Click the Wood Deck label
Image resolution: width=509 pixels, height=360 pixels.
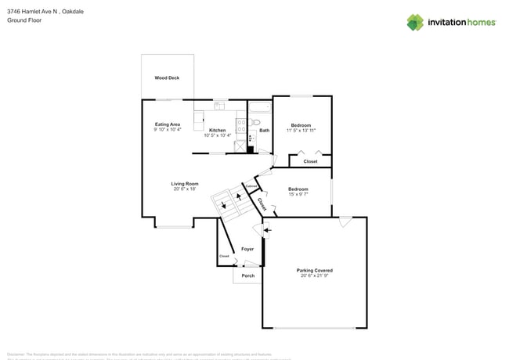(167, 78)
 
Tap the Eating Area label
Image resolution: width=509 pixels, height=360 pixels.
(168, 124)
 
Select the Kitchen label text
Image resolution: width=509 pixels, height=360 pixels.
(217, 130)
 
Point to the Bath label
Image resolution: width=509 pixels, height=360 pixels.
(265, 130)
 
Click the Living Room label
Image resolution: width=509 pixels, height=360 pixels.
(184, 184)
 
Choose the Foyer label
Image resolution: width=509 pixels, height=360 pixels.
(247, 249)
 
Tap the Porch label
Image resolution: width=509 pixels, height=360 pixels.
(247, 275)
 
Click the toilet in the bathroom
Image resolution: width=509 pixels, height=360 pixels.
(256, 122)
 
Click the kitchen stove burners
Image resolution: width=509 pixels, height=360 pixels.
(241, 126)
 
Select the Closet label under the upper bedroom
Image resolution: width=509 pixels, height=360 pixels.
(310, 161)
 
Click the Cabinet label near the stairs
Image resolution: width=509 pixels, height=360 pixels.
(251, 185)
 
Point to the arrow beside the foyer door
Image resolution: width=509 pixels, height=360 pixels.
(266, 229)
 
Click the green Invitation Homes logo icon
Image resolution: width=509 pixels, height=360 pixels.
(415, 22)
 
